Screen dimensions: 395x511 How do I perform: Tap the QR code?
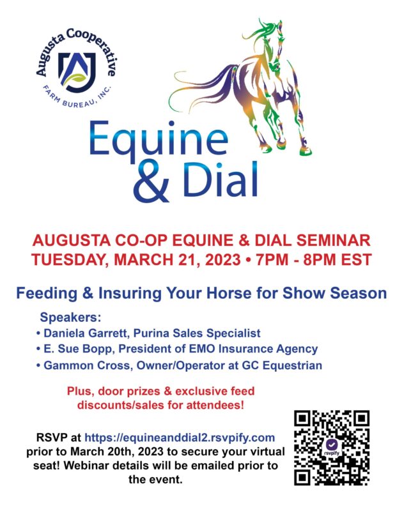pyautogui.click(x=331, y=448)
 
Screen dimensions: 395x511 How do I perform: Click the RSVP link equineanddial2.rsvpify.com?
pyautogui.click(x=180, y=438)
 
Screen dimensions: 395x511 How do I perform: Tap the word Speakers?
pyautogui.click(x=70, y=317)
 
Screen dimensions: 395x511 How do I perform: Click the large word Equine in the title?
pyautogui.click(x=159, y=140)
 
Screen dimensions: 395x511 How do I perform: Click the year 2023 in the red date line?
pyautogui.click(x=223, y=260)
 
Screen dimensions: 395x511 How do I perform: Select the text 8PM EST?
pyautogui.click(x=337, y=260)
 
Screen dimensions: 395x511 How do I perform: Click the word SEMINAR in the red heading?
pyautogui.click(x=333, y=241)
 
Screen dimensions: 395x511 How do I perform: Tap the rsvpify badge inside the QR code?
pyautogui.click(x=331, y=447)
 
